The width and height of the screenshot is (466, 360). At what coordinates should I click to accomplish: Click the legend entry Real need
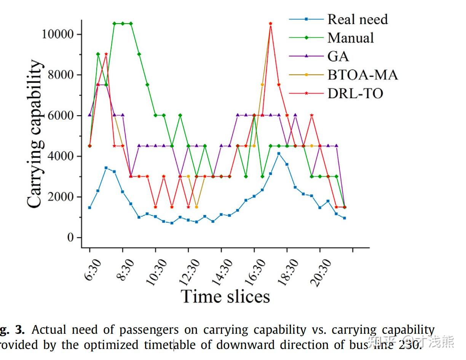coord(357,19)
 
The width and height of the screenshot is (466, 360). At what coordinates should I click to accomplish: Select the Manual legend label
coord(350,38)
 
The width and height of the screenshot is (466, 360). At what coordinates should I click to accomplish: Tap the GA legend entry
coord(338,56)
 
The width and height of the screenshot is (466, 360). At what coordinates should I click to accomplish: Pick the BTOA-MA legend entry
coord(362,75)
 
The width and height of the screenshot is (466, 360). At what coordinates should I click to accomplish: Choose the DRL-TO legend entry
coord(355,93)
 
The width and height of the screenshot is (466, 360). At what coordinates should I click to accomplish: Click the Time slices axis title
coord(225,296)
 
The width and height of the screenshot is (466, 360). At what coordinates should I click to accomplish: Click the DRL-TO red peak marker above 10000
coord(270,24)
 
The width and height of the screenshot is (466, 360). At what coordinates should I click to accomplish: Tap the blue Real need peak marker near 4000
coord(279,153)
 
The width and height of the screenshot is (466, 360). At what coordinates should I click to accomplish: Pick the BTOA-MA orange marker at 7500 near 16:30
coord(262,85)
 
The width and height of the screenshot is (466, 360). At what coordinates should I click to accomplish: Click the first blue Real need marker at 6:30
coord(89,207)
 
